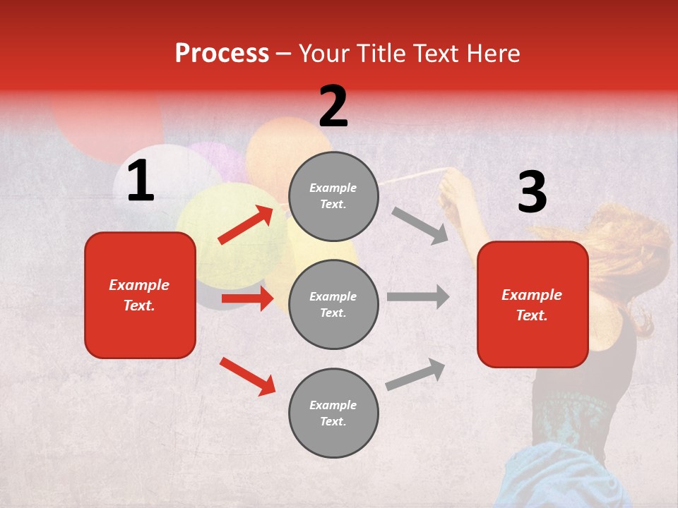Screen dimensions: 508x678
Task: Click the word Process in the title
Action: [x=222, y=54]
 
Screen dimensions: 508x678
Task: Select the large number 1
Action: [x=141, y=182]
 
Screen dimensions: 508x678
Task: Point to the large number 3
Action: [x=532, y=193]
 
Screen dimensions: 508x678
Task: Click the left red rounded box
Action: [x=140, y=295]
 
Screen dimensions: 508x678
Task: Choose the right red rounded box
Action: [x=533, y=304]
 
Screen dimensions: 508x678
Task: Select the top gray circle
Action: [x=333, y=196]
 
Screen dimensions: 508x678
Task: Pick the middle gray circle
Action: [x=333, y=304]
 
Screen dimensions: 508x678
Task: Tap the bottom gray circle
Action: [x=333, y=413]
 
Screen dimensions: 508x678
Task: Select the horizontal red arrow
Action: [x=247, y=298]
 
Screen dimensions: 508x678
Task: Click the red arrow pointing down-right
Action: [x=247, y=375]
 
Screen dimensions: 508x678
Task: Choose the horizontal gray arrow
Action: [x=418, y=297]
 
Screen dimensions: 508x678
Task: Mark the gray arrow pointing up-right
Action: [x=416, y=374]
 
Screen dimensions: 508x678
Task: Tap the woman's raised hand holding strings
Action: [x=454, y=189]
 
